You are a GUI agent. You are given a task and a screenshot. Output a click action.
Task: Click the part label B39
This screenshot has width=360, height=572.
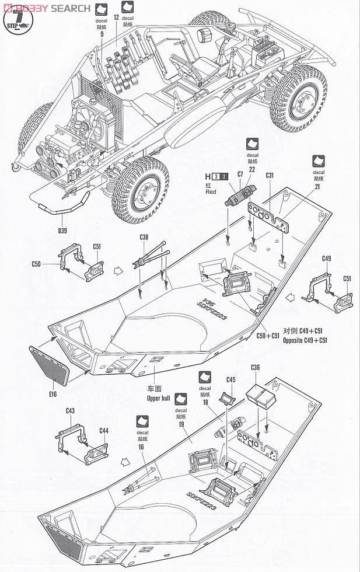tap(62, 230)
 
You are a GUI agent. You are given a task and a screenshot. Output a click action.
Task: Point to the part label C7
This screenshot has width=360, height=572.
tap(240, 175)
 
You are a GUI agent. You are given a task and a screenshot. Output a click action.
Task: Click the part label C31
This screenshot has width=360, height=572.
tap(270, 175)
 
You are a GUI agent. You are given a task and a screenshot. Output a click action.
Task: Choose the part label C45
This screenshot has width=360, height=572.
tap(231, 380)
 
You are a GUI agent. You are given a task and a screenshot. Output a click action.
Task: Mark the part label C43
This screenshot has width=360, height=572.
tap(70, 411)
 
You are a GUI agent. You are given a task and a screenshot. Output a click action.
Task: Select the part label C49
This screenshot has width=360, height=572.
tap(327, 258)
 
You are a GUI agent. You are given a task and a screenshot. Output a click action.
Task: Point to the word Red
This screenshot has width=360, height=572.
tap(211, 192)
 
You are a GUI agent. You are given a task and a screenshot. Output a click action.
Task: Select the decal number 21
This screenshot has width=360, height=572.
tap(319, 187)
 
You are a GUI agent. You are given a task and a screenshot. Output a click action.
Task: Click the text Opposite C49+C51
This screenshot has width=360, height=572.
tap(305, 340)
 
